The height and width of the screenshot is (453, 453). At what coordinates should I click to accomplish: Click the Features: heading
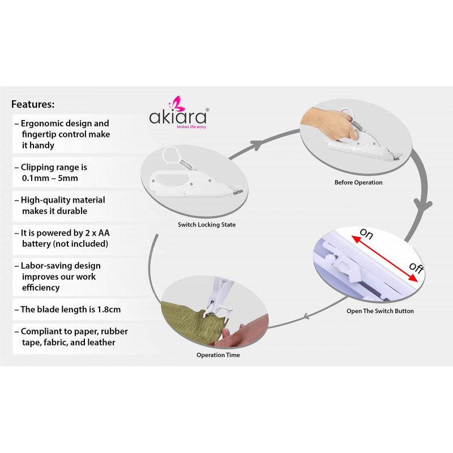(x=33, y=104)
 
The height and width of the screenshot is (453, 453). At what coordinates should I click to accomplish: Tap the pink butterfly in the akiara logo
(x=176, y=104)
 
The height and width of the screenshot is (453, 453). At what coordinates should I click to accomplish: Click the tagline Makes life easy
(x=191, y=127)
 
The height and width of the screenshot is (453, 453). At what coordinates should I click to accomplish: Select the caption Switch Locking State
(x=207, y=224)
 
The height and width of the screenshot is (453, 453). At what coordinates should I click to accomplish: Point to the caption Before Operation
(x=358, y=182)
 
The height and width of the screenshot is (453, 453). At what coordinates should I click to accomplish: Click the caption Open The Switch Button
(x=380, y=311)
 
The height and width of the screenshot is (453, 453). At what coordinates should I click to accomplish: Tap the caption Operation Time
(x=218, y=355)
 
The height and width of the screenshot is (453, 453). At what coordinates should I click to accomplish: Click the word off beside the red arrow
(x=416, y=267)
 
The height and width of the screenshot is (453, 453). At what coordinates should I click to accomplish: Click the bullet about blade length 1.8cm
(x=67, y=309)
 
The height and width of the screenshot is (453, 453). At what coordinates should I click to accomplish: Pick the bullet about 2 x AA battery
(x=62, y=238)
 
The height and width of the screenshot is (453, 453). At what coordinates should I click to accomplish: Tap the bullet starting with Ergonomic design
(x=62, y=134)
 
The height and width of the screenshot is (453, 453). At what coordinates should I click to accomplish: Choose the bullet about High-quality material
(x=60, y=205)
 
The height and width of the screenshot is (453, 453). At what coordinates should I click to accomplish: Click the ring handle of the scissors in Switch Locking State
(x=172, y=155)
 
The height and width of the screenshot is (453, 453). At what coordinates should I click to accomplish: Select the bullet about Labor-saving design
(x=58, y=276)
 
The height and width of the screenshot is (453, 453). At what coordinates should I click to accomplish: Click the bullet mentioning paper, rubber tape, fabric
(x=71, y=336)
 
